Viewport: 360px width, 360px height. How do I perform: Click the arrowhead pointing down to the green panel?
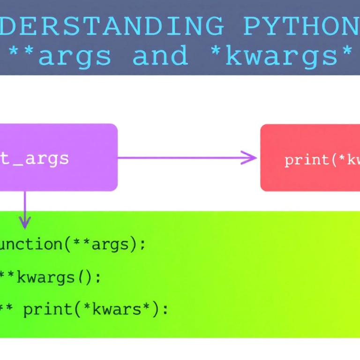coord(24,221)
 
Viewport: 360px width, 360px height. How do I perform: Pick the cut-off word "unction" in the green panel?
coord(31,244)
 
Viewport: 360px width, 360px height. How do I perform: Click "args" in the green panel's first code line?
coord(115,245)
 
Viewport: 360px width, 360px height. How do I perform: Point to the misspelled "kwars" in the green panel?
coord(120,309)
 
